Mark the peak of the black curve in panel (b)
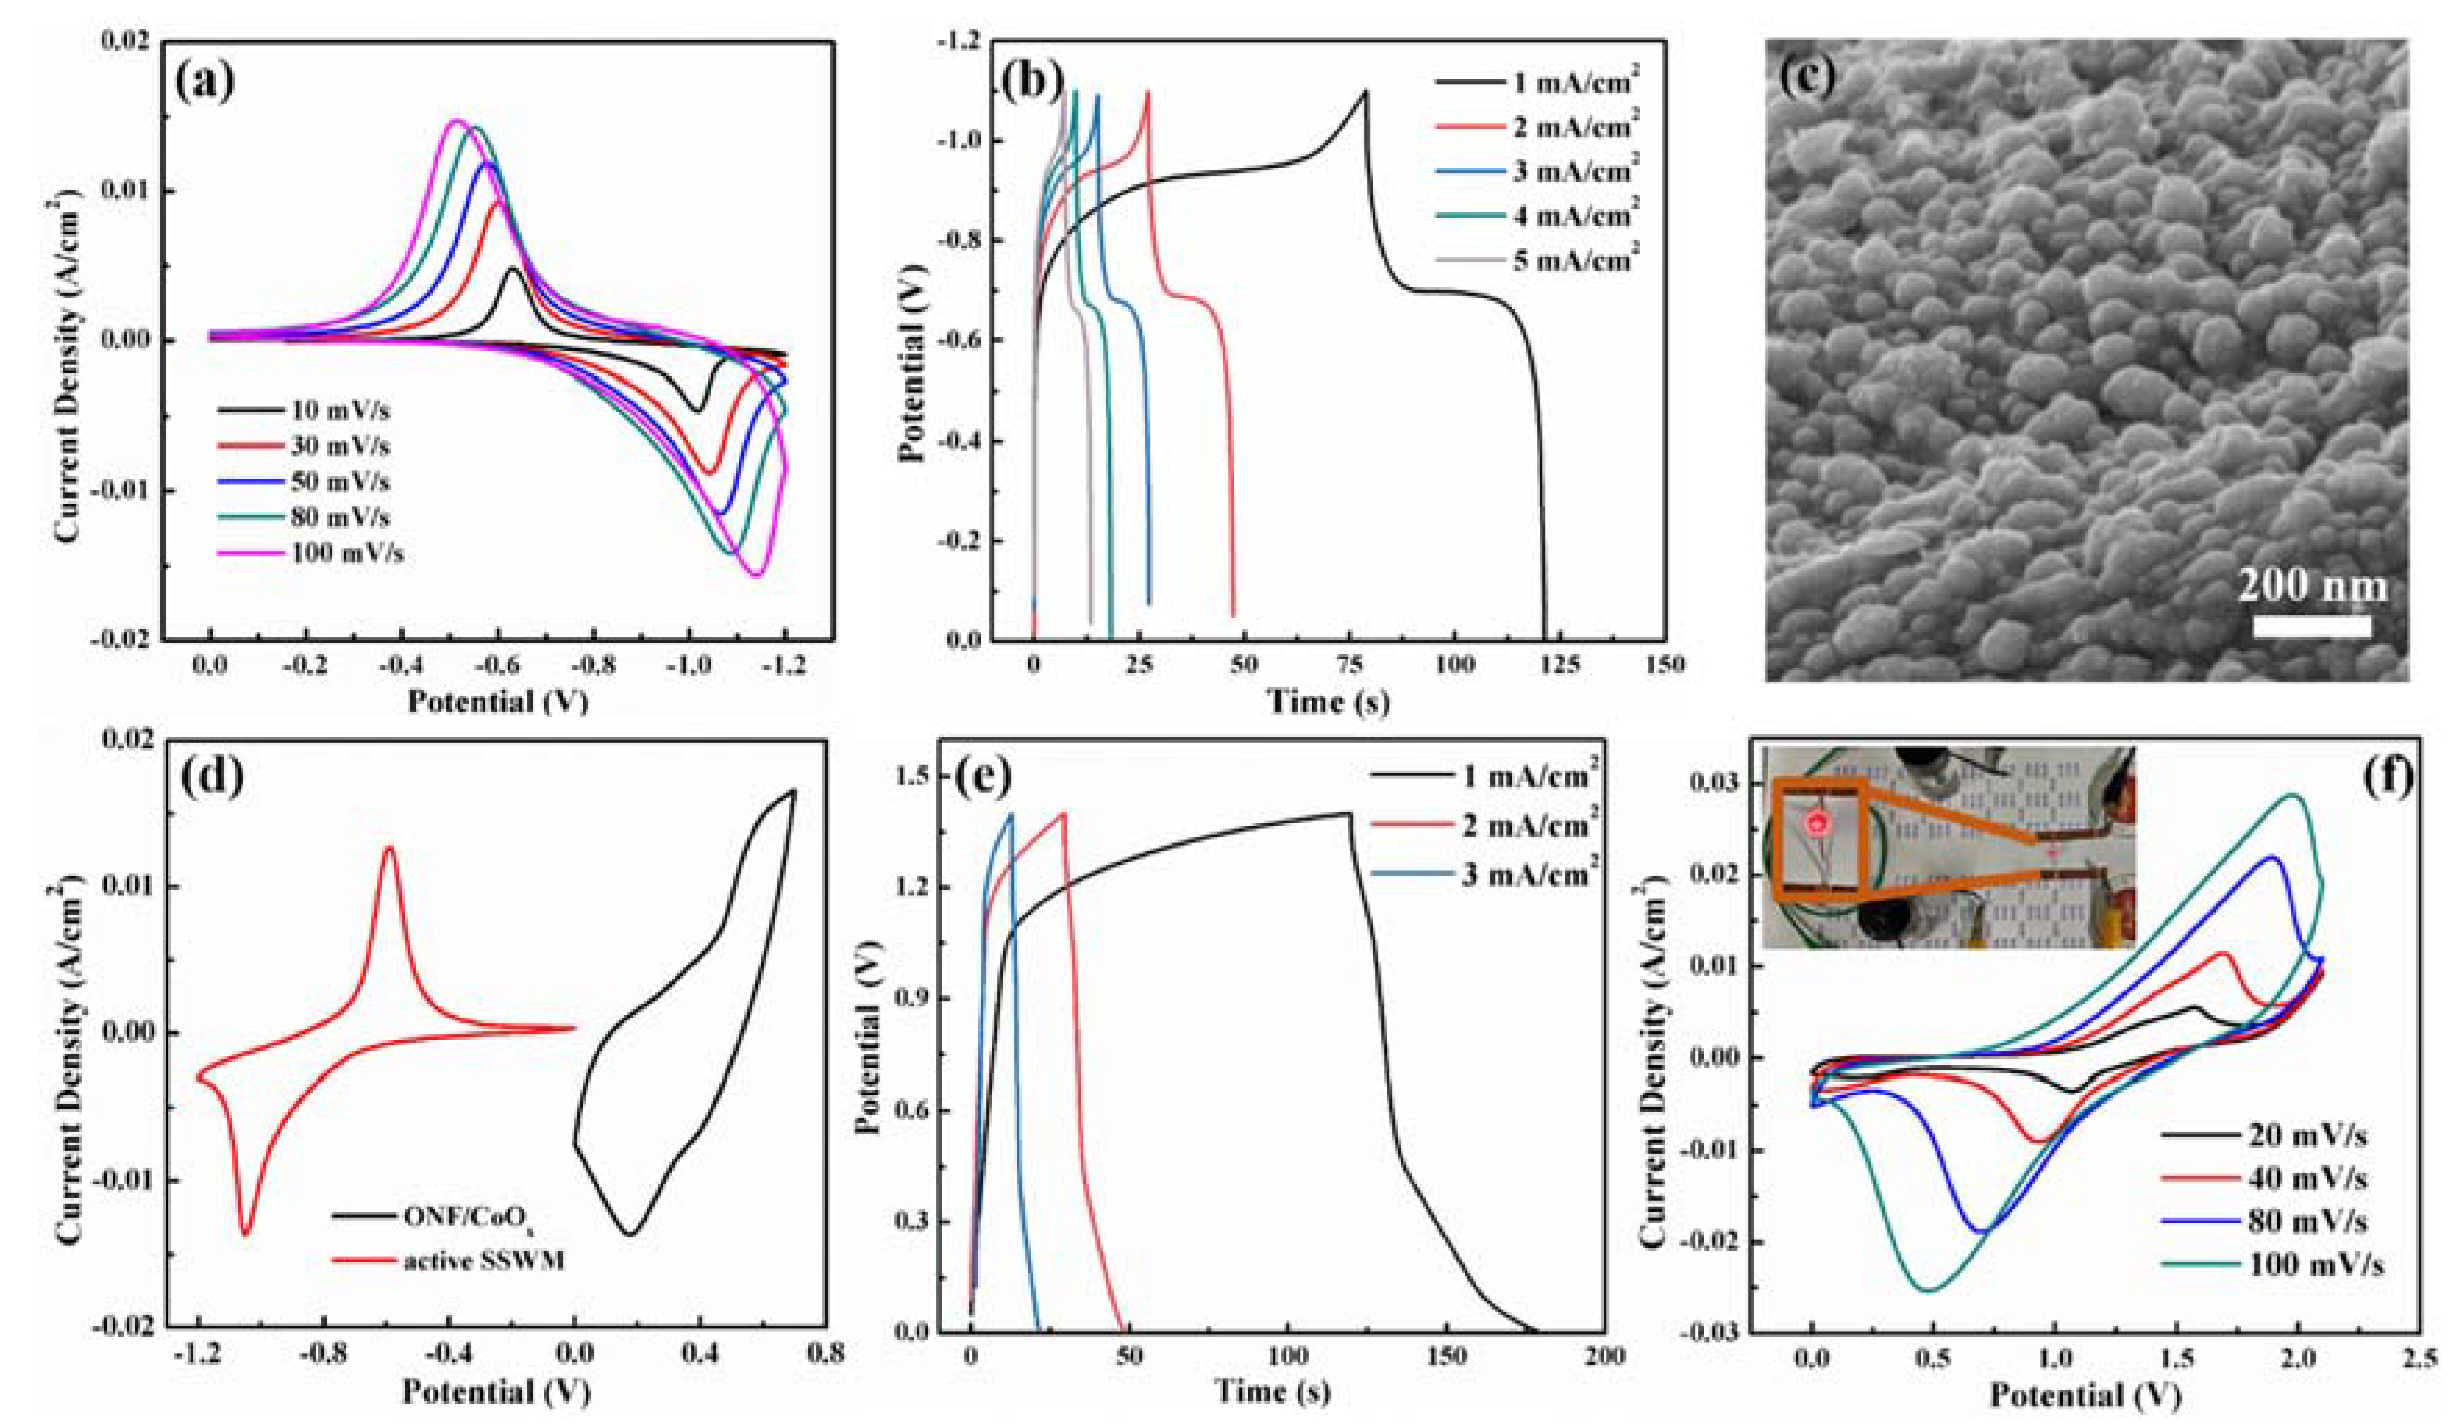pos(1364,91)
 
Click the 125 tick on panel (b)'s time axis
pos(1558,666)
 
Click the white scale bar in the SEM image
pos(2311,625)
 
